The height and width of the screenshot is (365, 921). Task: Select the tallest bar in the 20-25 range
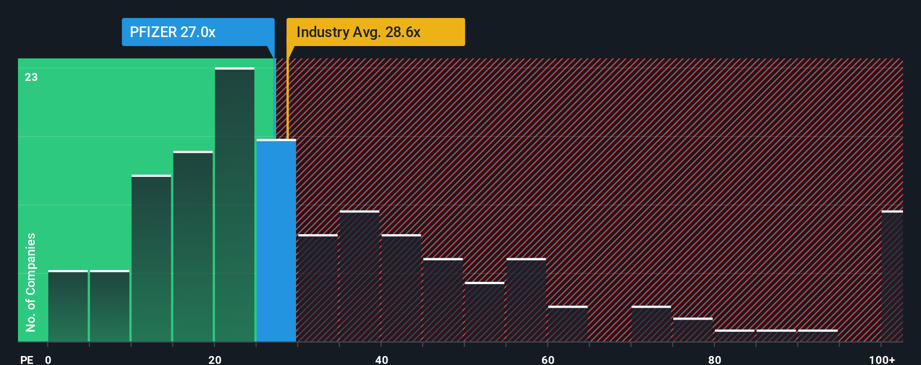(235, 205)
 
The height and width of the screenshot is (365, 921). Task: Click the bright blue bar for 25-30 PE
(276, 240)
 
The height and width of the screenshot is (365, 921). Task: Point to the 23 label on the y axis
(31, 77)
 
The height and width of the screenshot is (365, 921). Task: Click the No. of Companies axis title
(31, 282)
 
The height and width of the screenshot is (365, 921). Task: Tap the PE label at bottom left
(26, 359)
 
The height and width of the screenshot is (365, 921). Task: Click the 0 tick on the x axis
(48, 359)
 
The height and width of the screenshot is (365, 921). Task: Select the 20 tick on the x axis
(215, 359)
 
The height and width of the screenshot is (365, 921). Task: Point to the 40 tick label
(381, 359)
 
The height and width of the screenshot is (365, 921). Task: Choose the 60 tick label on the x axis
(548, 359)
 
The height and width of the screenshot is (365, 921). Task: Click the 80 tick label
(714, 359)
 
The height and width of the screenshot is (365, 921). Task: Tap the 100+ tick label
(882, 359)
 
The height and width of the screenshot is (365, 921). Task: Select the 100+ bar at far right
(892, 276)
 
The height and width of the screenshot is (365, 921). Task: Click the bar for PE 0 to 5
(68, 306)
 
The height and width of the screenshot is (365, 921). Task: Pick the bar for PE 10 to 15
(151, 258)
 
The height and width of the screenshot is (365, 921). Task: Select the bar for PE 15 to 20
(193, 247)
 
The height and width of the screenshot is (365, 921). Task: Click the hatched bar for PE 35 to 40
(359, 276)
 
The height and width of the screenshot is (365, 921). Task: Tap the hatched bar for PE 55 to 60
(526, 300)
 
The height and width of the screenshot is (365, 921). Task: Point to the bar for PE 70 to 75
(651, 324)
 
